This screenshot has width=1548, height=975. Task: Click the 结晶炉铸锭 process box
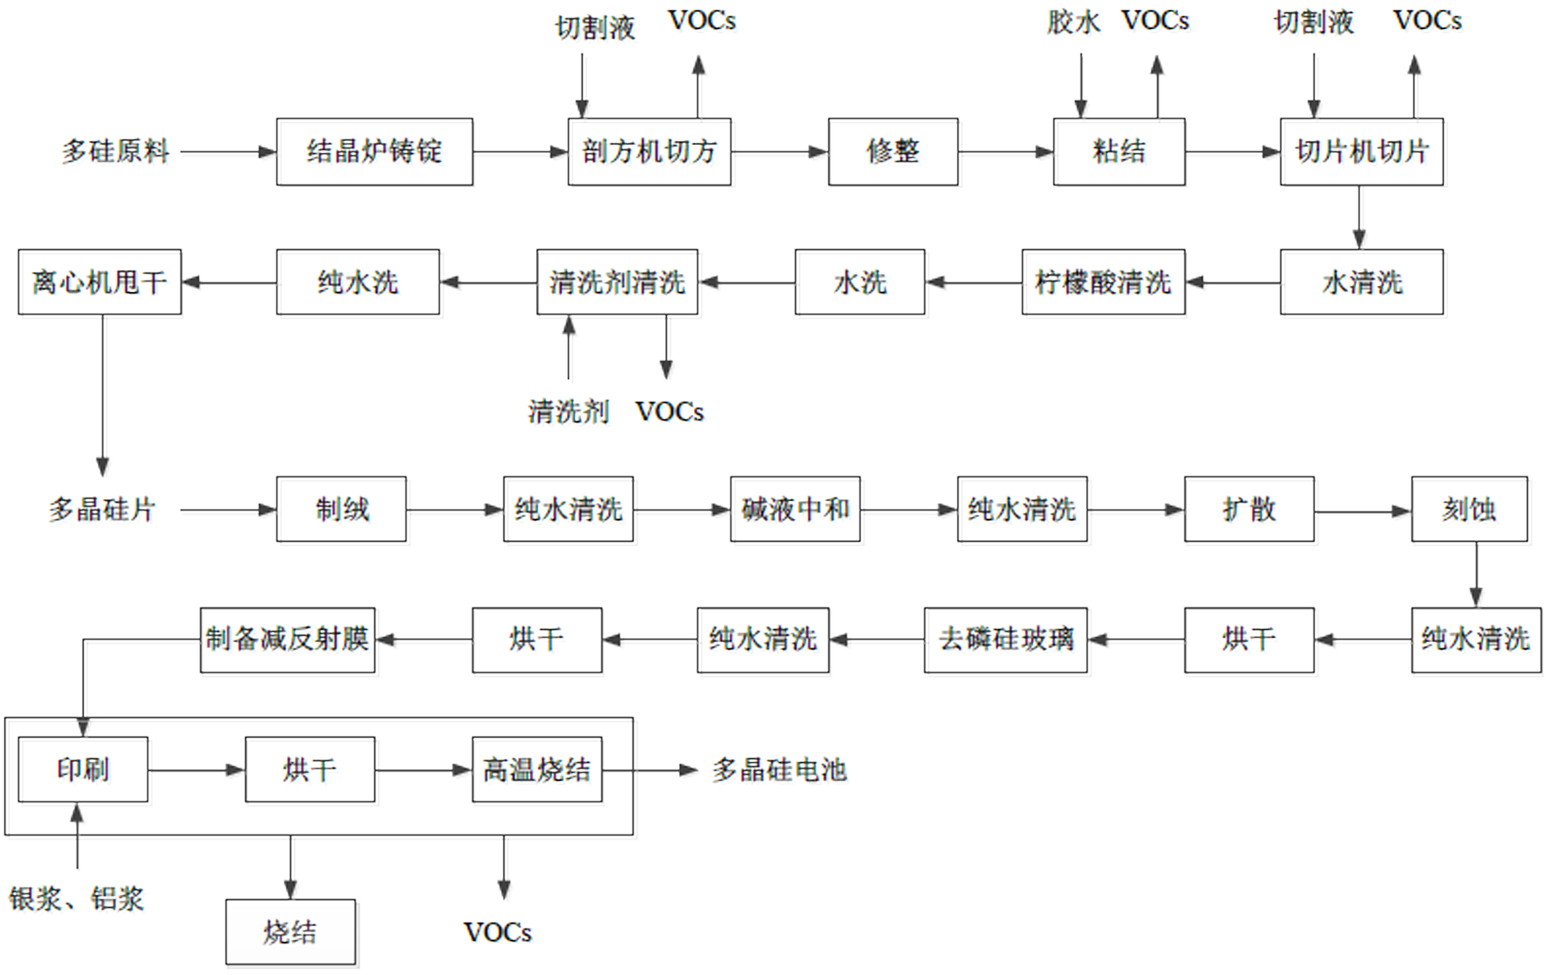pyautogui.click(x=375, y=152)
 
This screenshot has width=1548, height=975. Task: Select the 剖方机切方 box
pyautogui.click(x=650, y=152)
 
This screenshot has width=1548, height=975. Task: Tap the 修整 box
pyautogui.click(x=893, y=152)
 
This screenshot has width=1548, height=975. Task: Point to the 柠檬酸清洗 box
pyautogui.click(x=1104, y=282)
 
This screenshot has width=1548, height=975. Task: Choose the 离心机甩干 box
pyautogui.click(x=100, y=282)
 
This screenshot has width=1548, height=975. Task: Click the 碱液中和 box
pyautogui.click(x=796, y=509)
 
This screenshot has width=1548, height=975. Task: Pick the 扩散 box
pyautogui.click(x=1249, y=509)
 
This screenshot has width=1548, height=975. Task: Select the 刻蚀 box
pyautogui.click(x=1469, y=509)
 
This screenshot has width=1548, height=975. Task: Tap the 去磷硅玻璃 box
pyautogui.click(x=1005, y=640)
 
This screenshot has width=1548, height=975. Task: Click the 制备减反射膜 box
pyautogui.click(x=288, y=640)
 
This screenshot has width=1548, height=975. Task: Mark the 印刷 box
pyautogui.click(x=83, y=769)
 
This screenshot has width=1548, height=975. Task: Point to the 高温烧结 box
pyautogui.click(x=537, y=769)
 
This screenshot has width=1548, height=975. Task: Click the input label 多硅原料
pyautogui.click(x=116, y=152)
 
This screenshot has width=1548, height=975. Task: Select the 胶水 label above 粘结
pyautogui.click(x=1074, y=22)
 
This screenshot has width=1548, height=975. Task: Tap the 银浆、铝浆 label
pyautogui.click(x=77, y=898)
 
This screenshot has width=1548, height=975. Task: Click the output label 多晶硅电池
pyautogui.click(x=780, y=770)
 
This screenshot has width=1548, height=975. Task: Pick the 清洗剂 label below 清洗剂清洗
pyautogui.click(x=568, y=412)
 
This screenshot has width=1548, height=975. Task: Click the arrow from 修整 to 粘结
pyautogui.click(x=1006, y=152)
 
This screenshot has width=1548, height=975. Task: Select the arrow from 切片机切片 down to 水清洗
pyautogui.click(x=1359, y=218)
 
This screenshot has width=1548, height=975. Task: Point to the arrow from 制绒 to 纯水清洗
pyautogui.click(x=455, y=510)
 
